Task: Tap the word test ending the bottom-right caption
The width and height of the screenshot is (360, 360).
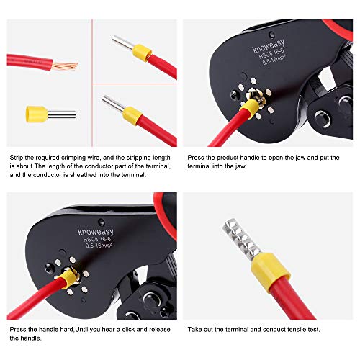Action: pos(315,330)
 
